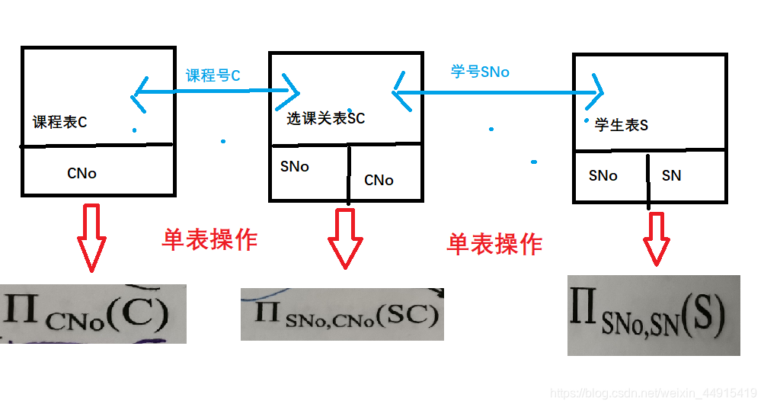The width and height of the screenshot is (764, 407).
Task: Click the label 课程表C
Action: tap(60, 122)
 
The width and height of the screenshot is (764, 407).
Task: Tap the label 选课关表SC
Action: tap(325, 119)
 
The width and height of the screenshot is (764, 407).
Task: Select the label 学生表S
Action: tap(622, 125)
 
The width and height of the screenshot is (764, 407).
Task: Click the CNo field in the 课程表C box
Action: tap(82, 173)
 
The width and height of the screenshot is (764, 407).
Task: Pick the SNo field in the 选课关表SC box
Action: tap(294, 166)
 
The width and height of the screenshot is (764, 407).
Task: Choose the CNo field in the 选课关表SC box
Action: tap(379, 181)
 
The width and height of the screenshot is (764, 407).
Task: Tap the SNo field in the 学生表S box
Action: tap(603, 175)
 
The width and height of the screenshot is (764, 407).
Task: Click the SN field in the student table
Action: tap(671, 175)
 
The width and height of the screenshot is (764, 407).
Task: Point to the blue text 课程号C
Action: tap(213, 75)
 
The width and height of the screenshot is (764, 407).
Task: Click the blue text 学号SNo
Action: tap(480, 72)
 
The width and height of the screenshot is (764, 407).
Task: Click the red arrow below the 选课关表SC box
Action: tap(346, 238)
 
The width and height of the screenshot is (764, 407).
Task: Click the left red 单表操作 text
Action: tap(209, 240)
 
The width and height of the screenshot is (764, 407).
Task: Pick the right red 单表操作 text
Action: tap(494, 244)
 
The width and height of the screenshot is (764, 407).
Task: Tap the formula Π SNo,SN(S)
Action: tap(653, 316)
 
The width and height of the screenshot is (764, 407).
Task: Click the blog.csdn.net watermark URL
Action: tap(653, 393)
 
